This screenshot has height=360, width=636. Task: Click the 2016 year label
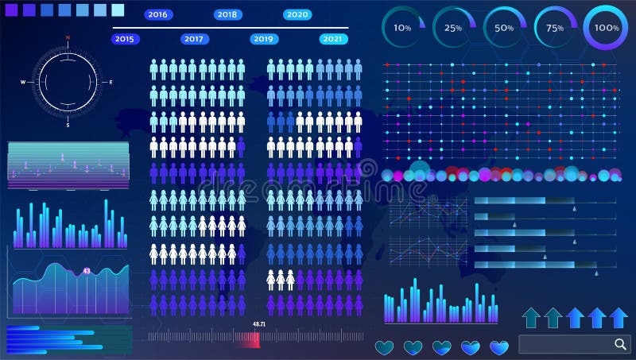coord(158,14)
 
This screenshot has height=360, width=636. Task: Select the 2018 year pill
coord(227,14)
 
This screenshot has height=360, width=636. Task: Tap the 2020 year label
coord(297,14)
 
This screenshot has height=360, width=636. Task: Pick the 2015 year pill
coord(124,38)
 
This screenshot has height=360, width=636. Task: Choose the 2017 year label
coord(194,38)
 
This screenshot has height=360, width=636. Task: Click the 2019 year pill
coord(264,38)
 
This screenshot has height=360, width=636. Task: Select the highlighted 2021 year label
coord(334,38)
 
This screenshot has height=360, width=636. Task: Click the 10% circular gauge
coord(403,28)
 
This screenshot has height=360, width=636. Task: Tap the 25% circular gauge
coord(453,28)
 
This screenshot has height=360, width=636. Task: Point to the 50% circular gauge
coord(504,28)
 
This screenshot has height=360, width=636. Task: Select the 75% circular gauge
coord(555,28)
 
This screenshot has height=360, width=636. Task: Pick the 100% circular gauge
coord(607,28)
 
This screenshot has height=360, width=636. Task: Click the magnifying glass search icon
coord(620,343)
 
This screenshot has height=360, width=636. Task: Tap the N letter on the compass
coord(68,38)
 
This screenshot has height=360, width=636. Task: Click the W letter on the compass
coord(23,82)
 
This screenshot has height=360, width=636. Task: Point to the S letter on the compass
coord(68,125)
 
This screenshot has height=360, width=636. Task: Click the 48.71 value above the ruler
coord(258,324)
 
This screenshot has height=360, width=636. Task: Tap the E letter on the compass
coord(111,82)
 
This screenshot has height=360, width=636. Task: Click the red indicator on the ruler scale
coord(248,339)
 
